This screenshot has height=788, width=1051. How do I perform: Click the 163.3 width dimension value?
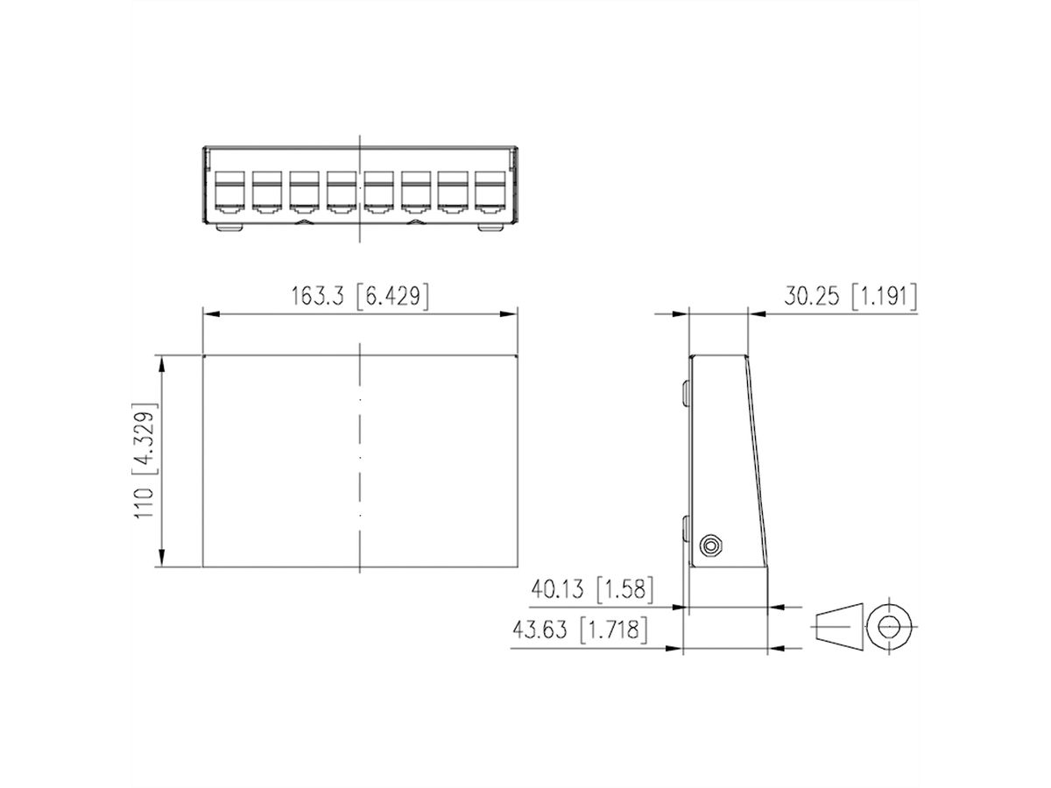[320, 297]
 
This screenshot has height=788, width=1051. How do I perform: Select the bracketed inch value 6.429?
[392, 297]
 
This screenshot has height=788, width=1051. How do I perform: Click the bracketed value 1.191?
[884, 297]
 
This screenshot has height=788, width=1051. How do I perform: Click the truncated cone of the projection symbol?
[838, 627]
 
